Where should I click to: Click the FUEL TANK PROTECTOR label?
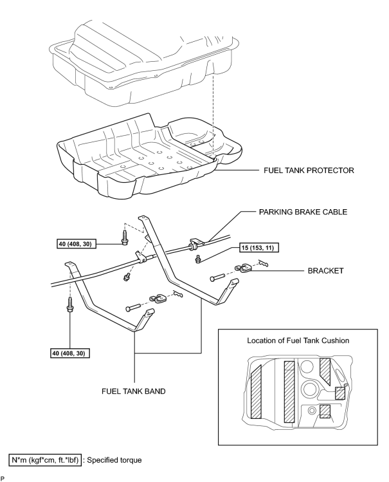click(309, 171)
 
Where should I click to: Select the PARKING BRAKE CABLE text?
click(303, 212)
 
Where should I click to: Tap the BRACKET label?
click(325, 271)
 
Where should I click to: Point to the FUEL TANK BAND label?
click(133, 391)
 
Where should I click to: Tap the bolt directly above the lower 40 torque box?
click(70, 305)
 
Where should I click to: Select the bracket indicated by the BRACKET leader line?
click(244, 268)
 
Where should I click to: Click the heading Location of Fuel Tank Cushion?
click(298, 340)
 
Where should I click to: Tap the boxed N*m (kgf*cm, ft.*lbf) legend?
click(46, 460)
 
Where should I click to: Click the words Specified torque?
click(114, 460)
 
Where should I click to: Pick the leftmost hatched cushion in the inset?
click(256, 392)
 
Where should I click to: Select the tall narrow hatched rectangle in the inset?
click(289, 392)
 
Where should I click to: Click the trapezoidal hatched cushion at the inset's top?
click(325, 370)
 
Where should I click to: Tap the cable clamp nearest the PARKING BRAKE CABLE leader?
click(197, 241)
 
